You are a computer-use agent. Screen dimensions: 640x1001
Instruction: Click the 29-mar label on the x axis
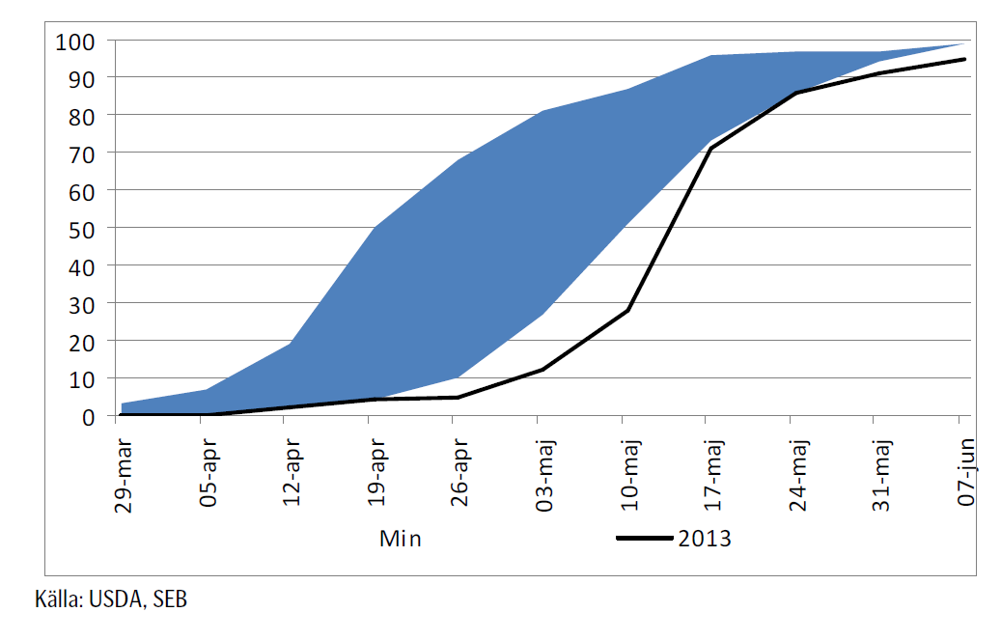coord(125,472)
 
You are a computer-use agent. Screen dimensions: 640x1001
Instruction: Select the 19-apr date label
coord(376,472)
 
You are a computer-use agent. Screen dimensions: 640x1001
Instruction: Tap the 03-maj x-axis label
coord(544,472)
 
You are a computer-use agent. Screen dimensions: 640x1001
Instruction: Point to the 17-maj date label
coord(712,472)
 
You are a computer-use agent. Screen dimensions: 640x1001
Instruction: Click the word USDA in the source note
coord(116,599)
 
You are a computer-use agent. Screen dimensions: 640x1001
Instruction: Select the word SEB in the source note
coord(170,599)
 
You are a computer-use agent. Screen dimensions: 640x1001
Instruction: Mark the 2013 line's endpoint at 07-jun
coord(963,59)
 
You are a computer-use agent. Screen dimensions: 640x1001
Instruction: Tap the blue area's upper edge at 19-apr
coord(373,229)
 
